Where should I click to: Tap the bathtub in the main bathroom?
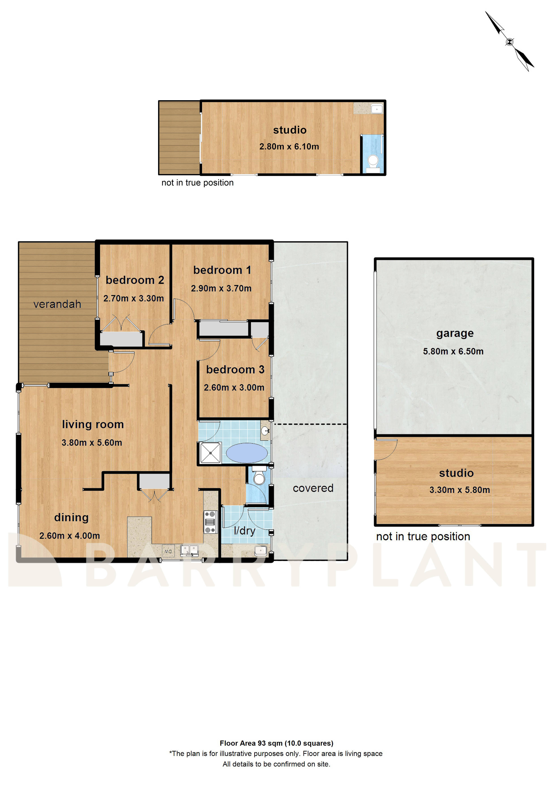click(x=247, y=453)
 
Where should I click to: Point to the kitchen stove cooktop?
click(x=210, y=522)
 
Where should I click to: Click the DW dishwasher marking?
click(x=168, y=551)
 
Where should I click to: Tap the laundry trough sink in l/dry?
click(x=260, y=551)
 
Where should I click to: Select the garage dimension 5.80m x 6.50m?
click(x=453, y=351)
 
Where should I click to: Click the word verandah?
click(x=57, y=304)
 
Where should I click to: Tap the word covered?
click(x=313, y=488)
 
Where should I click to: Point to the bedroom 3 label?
click(x=235, y=370)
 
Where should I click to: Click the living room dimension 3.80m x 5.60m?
click(x=92, y=443)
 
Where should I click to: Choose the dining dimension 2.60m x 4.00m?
click(x=69, y=536)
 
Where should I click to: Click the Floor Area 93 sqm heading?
click(x=276, y=743)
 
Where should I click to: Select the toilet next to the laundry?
click(x=259, y=477)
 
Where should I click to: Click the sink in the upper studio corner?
click(x=377, y=109)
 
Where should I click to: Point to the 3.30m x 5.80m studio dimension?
click(x=460, y=490)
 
